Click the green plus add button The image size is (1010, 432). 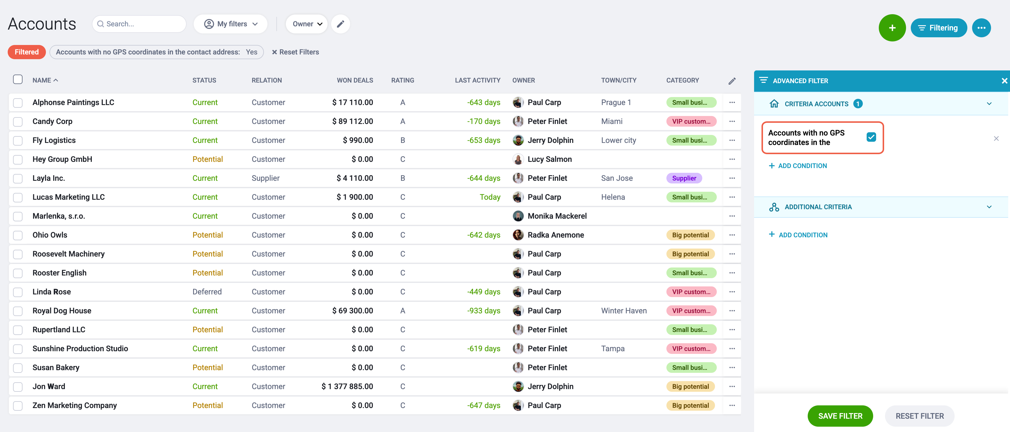pyautogui.click(x=892, y=28)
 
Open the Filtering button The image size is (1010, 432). pyautogui.click(x=938, y=28)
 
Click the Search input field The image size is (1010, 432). pyautogui.click(x=139, y=24)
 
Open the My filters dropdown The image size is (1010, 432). pyautogui.click(x=230, y=24)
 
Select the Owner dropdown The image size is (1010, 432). pyautogui.click(x=307, y=24)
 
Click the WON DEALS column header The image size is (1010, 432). pyautogui.click(x=355, y=80)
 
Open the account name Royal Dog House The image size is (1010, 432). pyautogui.click(x=62, y=311)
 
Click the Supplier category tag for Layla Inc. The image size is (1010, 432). pyautogui.click(x=684, y=178)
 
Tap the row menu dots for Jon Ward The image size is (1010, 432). pyautogui.click(x=732, y=386)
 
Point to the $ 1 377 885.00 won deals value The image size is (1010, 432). pyautogui.click(x=347, y=386)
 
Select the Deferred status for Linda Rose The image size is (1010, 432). pyautogui.click(x=207, y=292)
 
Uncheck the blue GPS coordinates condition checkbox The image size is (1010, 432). pyautogui.click(x=871, y=137)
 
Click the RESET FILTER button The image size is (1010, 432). pyautogui.click(x=919, y=416)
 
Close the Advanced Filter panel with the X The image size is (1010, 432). pyautogui.click(x=1004, y=81)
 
